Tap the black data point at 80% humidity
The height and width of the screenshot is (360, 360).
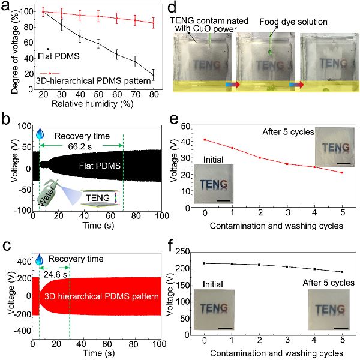[153, 75]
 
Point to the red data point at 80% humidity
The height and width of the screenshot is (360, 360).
[153, 23]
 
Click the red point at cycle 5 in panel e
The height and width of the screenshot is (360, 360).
[342, 173]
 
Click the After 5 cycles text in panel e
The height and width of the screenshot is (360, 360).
[290, 131]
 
